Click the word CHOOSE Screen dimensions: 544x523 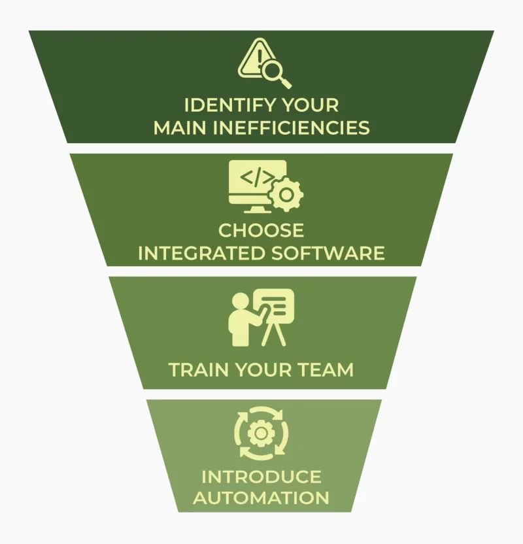tap(261, 231)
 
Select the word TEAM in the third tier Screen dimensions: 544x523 tap(326, 370)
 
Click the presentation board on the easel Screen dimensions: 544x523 tap(275, 305)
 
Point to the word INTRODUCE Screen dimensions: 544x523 tap(261, 476)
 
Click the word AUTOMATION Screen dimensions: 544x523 tap(261, 498)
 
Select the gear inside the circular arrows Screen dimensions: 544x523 tap(261, 433)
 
